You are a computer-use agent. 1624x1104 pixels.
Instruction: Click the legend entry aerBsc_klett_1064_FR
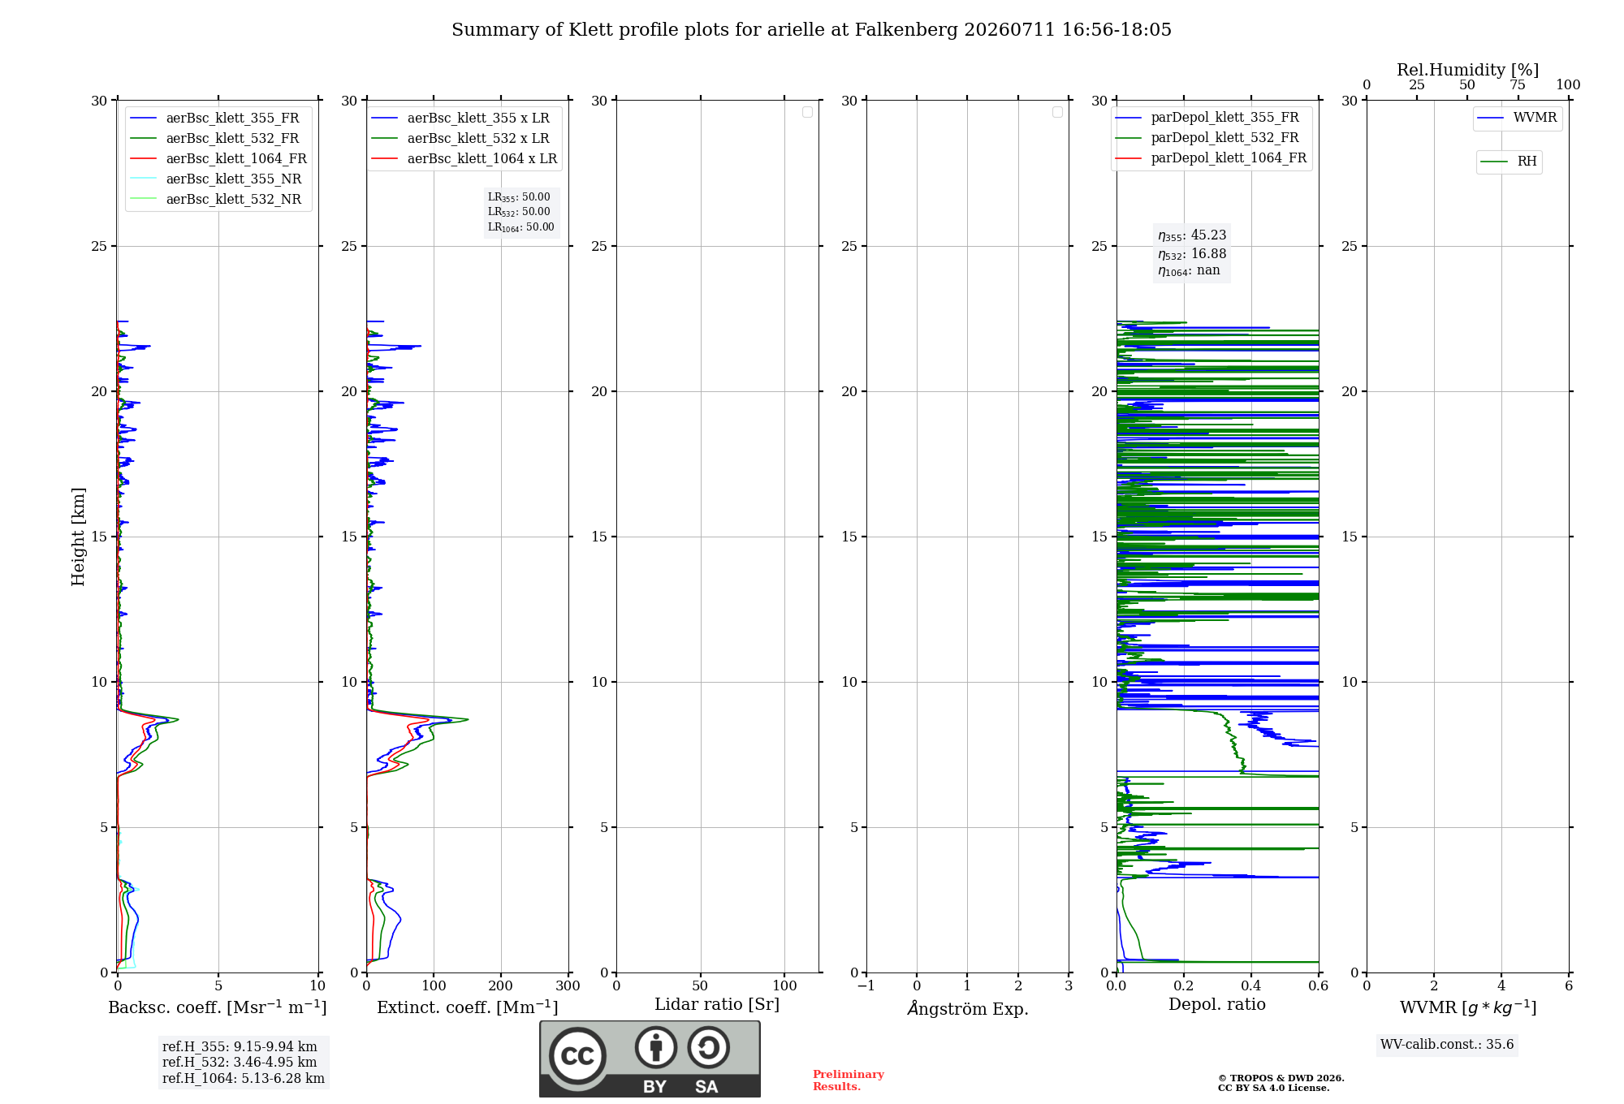tap(218, 158)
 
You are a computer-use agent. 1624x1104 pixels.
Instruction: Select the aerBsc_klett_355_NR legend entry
tap(215, 179)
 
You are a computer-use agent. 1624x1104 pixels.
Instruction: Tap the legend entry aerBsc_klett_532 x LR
tap(460, 138)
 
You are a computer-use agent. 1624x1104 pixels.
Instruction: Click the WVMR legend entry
tap(1517, 118)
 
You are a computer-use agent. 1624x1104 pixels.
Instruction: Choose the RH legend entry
tap(1508, 162)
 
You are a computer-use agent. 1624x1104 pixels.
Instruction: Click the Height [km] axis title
tap(78, 537)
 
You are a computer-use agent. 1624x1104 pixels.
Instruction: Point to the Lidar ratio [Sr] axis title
tap(717, 1004)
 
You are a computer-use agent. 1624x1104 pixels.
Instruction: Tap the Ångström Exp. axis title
tap(968, 1008)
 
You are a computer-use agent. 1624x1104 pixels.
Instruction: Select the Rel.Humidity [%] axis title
tap(1467, 70)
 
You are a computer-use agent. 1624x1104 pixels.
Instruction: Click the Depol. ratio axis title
tap(1217, 1004)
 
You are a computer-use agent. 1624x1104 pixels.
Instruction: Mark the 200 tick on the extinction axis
tap(501, 985)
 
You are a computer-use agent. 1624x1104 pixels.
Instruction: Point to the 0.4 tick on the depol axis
tap(1251, 985)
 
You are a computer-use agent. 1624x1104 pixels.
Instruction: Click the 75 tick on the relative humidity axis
tap(1518, 85)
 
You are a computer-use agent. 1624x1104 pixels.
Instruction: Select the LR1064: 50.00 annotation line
tap(520, 227)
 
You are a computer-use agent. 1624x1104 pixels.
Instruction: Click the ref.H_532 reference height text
tap(240, 1062)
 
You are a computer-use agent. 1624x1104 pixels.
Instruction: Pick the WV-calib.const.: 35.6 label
tap(1447, 1044)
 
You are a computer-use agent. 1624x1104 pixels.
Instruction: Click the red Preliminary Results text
tap(848, 1080)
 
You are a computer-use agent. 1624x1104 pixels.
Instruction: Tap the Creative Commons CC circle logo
tap(577, 1056)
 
